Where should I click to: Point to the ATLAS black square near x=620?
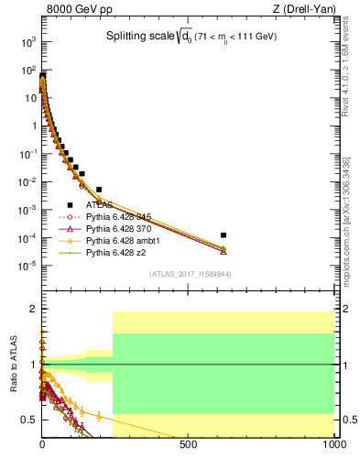coord(224,235)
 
